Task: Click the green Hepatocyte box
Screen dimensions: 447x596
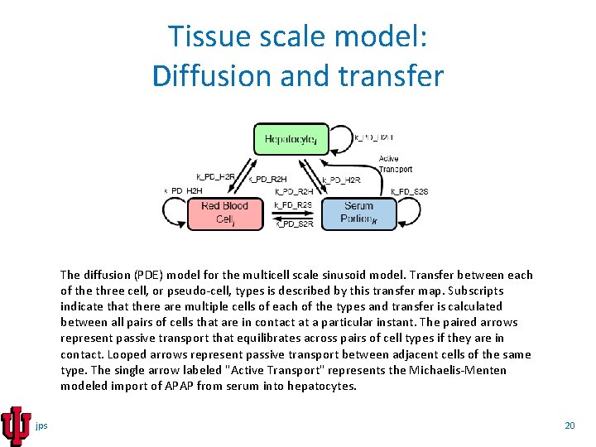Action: [x=291, y=139]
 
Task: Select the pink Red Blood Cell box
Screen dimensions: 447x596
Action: [x=224, y=213]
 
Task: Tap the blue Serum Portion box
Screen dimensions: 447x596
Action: [x=358, y=213]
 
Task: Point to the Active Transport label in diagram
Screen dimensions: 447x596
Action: [x=396, y=164]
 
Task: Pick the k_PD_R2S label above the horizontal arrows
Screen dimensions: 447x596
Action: [x=293, y=204]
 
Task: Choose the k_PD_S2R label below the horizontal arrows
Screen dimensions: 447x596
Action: [x=295, y=223]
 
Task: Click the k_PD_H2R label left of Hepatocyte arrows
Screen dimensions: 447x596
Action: [x=216, y=176]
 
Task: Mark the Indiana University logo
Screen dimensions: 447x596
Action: [x=16, y=425]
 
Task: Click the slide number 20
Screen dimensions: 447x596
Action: [x=569, y=425]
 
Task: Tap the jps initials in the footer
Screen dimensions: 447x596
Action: [x=42, y=425]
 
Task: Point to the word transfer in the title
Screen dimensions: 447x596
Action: [x=395, y=75]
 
